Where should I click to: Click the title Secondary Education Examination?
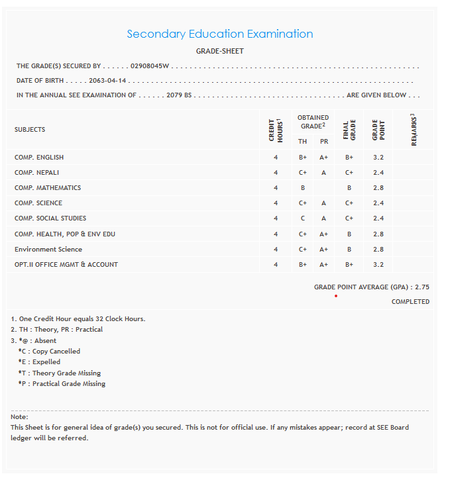point(219,34)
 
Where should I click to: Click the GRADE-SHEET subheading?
point(219,51)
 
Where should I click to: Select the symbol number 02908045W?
point(150,66)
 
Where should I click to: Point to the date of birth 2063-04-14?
point(107,81)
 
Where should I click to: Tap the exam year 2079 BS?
point(179,95)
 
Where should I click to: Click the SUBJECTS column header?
point(30,130)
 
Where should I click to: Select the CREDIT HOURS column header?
point(275,130)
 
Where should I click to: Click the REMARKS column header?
point(414,130)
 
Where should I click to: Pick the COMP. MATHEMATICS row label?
point(48,188)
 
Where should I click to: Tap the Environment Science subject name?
point(48,250)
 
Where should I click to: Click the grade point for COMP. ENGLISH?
point(378,158)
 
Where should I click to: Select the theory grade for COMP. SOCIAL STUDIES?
point(302,218)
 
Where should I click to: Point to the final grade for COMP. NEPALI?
point(349,173)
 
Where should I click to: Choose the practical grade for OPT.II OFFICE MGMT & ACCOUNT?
point(323,265)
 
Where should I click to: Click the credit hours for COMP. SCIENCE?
point(276,203)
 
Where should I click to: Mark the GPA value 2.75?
point(422,287)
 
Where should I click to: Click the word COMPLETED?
point(410,302)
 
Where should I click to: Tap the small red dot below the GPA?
point(336,296)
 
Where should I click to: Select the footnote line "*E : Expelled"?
point(40,362)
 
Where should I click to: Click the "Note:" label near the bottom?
point(19,417)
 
